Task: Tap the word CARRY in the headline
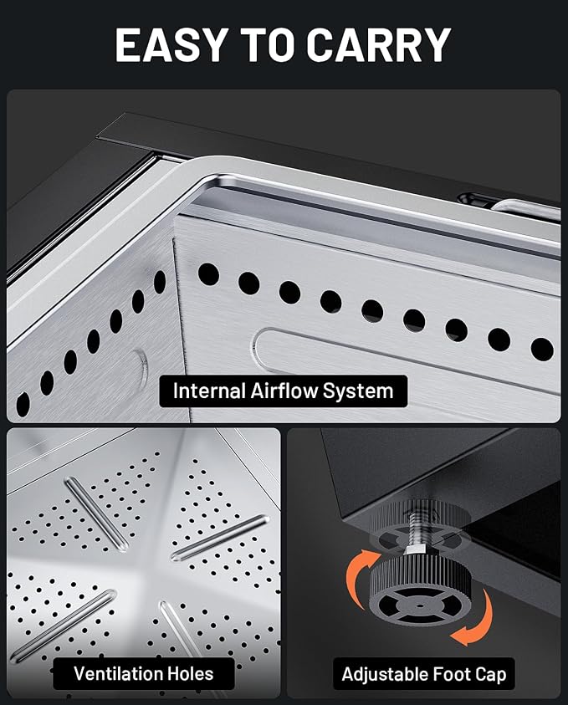point(379,45)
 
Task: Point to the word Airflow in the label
point(284,391)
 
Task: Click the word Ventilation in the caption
point(117,673)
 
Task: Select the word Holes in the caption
point(190,673)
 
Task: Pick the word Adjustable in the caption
point(385,674)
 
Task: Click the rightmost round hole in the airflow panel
point(542,350)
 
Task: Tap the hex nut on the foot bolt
point(415,550)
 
